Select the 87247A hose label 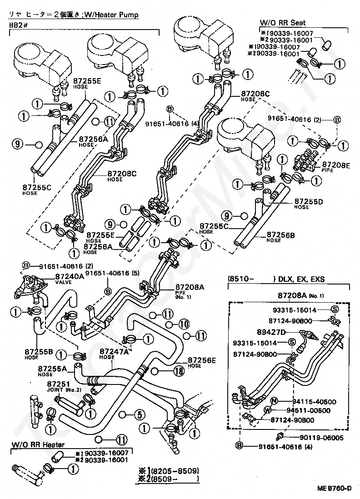[x=114, y=351]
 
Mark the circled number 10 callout [x=183, y=324]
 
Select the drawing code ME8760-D [x=335, y=489]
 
